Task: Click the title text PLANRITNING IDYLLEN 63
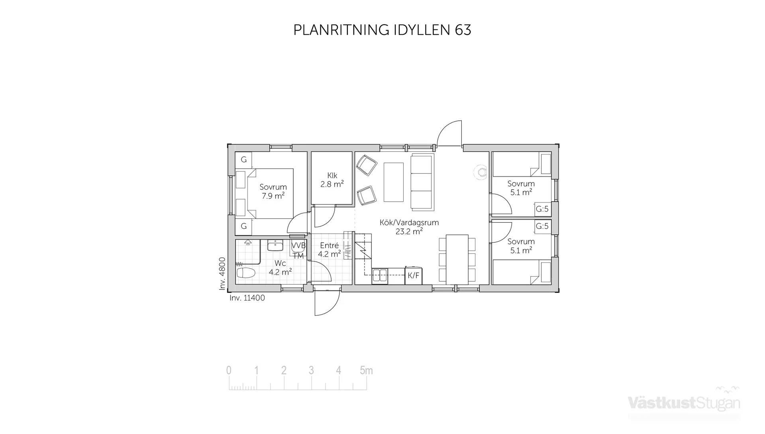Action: (x=382, y=30)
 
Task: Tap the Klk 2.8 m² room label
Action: (x=332, y=180)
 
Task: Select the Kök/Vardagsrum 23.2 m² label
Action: (x=409, y=227)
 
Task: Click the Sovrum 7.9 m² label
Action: (x=273, y=191)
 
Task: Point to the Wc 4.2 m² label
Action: (x=280, y=268)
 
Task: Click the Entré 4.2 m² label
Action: (x=329, y=250)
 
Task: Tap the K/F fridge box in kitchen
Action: (x=413, y=275)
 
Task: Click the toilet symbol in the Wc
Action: (x=245, y=273)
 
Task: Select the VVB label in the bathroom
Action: (x=298, y=245)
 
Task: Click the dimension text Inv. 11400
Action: (x=247, y=298)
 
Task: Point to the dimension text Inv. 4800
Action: (x=222, y=273)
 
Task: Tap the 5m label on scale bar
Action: (x=366, y=371)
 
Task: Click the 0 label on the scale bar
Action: (x=229, y=371)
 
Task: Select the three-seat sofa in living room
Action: (x=422, y=182)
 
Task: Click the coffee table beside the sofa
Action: (x=394, y=182)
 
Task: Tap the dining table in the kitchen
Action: (x=457, y=259)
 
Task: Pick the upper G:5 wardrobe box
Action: (x=542, y=209)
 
